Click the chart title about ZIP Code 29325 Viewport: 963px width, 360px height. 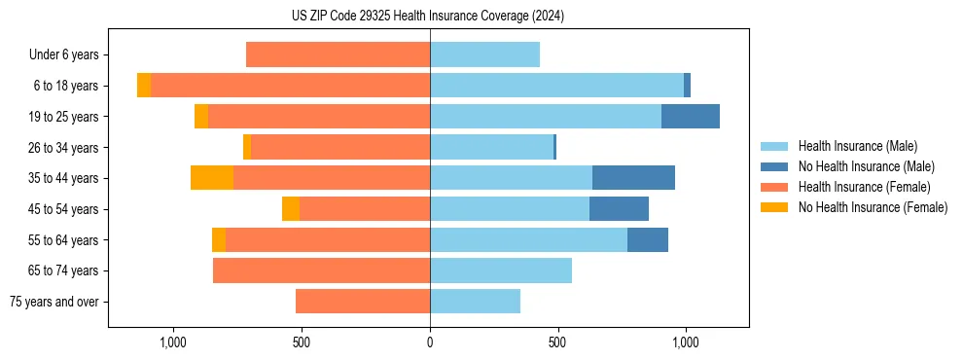[428, 17]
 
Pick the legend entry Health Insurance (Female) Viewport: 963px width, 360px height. [858, 187]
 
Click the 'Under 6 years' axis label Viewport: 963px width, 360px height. [64, 54]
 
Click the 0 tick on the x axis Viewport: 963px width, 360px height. [429, 342]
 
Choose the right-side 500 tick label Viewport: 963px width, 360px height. [557, 342]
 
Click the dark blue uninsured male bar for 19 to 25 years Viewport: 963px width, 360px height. [691, 117]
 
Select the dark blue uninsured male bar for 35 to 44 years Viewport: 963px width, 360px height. [633, 178]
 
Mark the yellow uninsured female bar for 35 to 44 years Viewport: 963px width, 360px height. [212, 178]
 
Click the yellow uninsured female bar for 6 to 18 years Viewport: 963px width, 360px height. [144, 86]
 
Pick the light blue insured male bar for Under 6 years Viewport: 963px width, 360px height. [484, 54]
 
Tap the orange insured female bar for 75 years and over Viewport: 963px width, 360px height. [363, 302]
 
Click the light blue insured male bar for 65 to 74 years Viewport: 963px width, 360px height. [501, 270]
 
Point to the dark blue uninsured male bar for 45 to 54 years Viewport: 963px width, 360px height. [619, 209]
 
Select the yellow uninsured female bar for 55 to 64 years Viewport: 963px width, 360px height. [219, 240]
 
